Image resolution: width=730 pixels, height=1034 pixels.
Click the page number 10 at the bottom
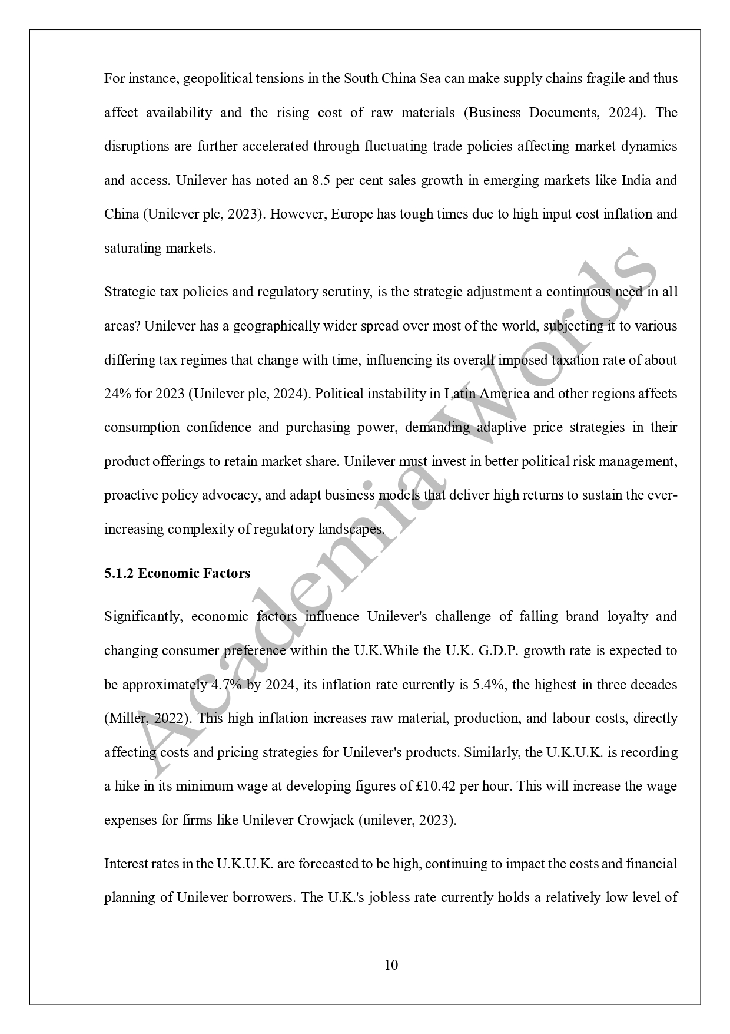click(x=391, y=965)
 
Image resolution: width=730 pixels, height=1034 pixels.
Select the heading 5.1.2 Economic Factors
click(x=177, y=573)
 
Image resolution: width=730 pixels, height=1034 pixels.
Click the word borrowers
click(x=262, y=897)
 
